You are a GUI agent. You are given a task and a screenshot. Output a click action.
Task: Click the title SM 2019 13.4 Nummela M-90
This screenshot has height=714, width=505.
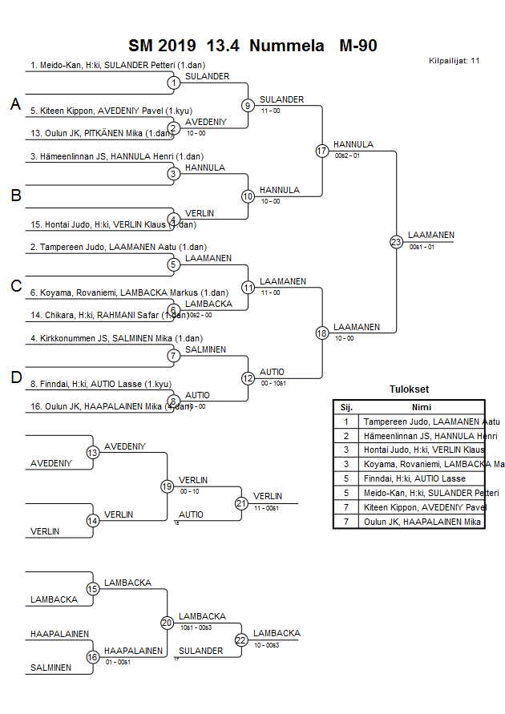pos(252,46)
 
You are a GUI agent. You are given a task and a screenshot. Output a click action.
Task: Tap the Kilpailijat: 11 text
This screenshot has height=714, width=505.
pos(454,61)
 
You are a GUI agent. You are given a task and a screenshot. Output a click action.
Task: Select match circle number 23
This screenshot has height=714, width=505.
pos(396,241)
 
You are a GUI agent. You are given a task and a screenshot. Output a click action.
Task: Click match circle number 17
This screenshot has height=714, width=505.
pos(322,151)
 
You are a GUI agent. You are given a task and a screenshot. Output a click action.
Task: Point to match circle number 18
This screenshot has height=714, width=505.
pos(322,333)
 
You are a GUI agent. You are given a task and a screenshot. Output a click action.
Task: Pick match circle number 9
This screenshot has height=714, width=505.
pos(248,105)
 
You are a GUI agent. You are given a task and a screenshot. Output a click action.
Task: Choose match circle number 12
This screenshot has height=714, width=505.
pos(248,378)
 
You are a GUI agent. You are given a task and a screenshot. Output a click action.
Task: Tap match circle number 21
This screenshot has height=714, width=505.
pos(241,503)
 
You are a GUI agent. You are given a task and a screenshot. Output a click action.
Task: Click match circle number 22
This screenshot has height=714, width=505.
pos(241,639)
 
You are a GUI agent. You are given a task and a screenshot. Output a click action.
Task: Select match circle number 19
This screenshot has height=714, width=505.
pos(168,486)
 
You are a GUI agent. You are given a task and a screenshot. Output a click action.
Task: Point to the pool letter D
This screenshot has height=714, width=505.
pos(15,377)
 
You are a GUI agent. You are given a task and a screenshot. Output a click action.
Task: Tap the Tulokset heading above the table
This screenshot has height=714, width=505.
pos(409,390)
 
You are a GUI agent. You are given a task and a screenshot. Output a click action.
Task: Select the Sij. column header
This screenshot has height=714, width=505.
pos(346,407)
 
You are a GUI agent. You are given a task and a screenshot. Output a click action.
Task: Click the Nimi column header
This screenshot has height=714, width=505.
pos(422,407)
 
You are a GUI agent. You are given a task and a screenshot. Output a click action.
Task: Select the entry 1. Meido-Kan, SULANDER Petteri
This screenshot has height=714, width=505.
pos(103,65)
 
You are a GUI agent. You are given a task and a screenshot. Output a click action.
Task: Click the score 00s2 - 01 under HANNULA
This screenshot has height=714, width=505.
pos(348,155)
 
